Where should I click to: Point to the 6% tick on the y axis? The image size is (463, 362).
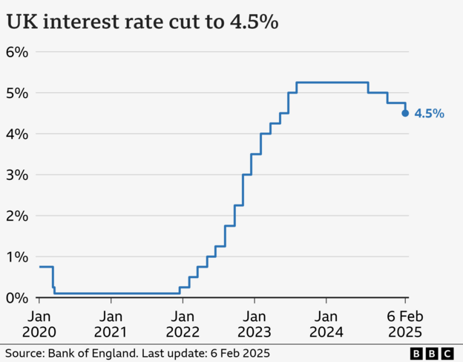[17, 52]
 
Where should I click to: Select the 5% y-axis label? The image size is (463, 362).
[17, 93]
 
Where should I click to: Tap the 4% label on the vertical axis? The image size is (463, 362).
[17, 134]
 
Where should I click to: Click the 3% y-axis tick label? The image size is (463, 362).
[17, 175]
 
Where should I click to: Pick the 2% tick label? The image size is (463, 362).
[17, 216]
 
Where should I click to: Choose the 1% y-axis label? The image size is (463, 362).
[17, 256]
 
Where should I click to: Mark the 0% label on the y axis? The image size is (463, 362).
[17, 297]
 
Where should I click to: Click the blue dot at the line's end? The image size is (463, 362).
[405, 113]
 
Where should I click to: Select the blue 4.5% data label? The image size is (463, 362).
[429, 114]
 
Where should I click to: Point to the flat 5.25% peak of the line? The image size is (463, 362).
[332, 83]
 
